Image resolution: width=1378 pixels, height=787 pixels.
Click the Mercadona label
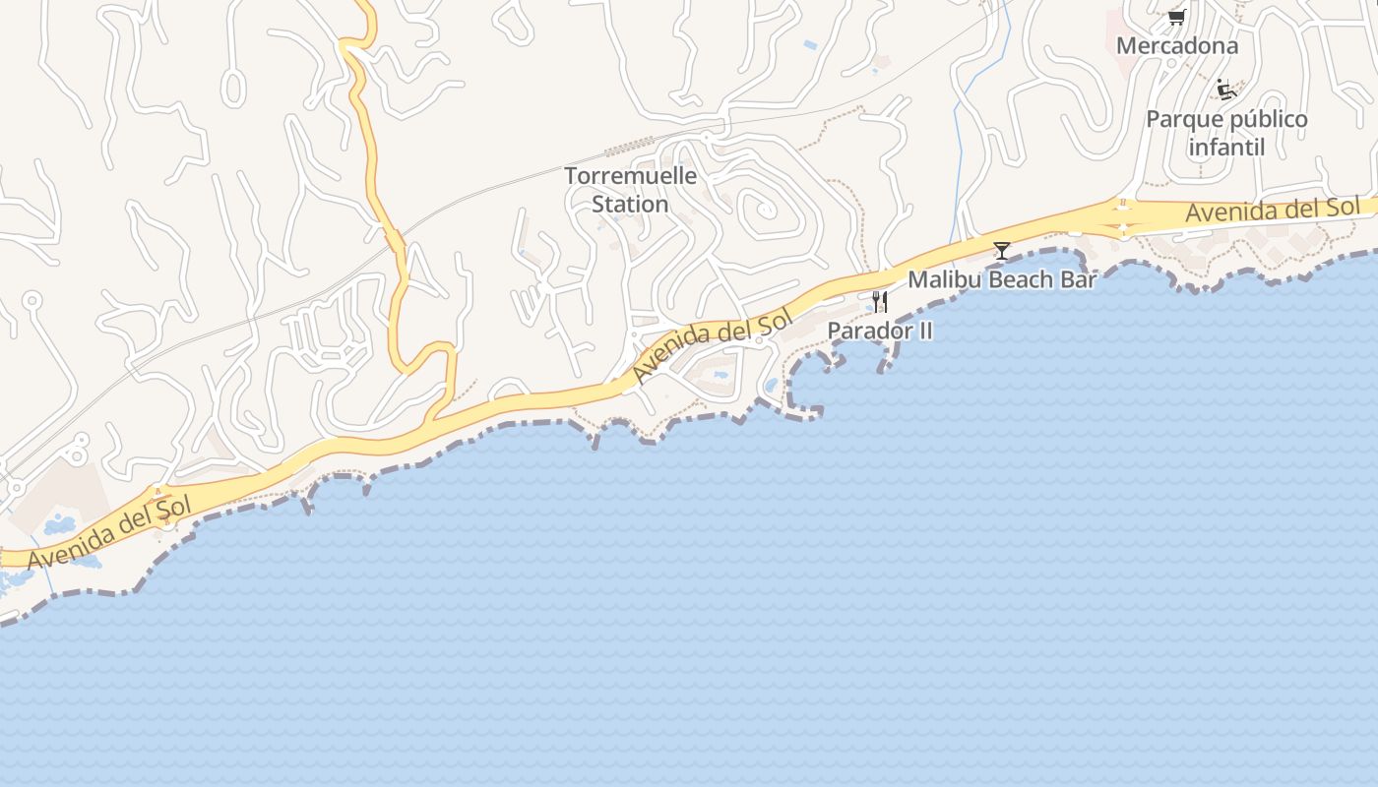[x=1176, y=45]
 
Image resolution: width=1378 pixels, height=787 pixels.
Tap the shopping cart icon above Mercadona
[x=1175, y=17]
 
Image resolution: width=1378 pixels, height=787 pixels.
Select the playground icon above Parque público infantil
[x=1226, y=90]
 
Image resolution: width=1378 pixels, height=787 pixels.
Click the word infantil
[x=1225, y=148]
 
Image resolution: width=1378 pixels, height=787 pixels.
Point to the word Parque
[x=1182, y=120]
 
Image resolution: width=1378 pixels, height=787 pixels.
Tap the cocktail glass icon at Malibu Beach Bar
[x=1001, y=251]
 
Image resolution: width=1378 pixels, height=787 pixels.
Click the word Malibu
[x=944, y=279]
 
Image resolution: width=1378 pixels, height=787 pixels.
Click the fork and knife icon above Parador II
[x=880, y=301]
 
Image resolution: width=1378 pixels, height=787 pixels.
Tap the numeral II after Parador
[x=924, y=331]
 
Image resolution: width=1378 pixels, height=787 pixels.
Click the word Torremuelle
[x=630, y=177]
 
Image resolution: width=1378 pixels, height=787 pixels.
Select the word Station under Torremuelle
[x=630, y=205]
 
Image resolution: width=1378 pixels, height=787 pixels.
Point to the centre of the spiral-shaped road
[x=763, y=210]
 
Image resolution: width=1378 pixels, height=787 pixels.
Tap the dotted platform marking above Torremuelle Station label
[x=631, y=148]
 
